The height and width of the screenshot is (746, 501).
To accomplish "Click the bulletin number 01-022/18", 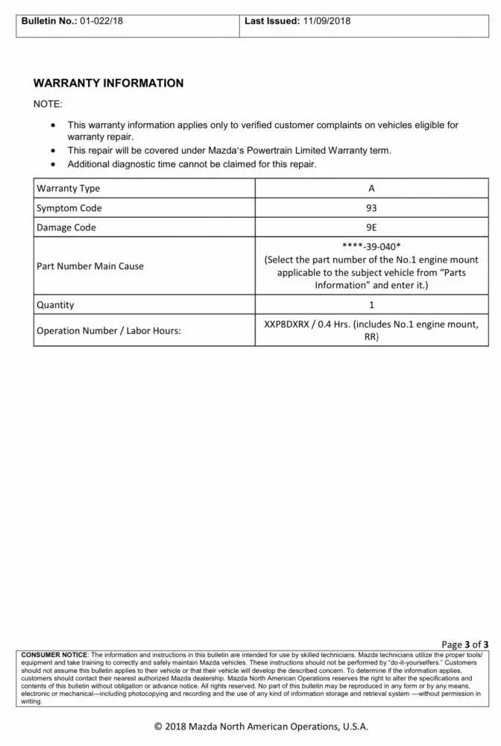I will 97,21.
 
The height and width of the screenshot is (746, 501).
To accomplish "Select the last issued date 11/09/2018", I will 327,21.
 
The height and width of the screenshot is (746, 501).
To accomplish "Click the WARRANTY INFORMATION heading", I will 108,84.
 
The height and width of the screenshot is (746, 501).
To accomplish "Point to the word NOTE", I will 48,104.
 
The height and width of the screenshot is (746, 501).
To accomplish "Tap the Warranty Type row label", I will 68,189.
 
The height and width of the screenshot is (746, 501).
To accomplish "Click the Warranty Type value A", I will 371,189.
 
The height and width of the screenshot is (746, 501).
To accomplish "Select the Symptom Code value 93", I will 371,208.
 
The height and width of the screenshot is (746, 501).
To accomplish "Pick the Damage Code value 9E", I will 371,228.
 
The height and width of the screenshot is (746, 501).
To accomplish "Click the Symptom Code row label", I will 69,208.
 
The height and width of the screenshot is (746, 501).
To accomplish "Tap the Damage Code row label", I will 66,228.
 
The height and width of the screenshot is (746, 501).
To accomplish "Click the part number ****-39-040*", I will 371,247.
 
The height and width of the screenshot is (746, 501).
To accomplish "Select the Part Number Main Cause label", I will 90,266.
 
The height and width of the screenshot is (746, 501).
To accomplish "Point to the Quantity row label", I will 55,305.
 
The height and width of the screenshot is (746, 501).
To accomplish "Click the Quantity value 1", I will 371,305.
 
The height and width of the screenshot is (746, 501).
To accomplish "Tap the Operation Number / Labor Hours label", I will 109,330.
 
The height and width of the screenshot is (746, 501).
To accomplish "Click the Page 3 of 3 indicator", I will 464,645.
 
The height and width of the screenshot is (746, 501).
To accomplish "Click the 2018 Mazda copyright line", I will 261,726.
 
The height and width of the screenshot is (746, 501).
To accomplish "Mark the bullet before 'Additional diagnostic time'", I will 52,164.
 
